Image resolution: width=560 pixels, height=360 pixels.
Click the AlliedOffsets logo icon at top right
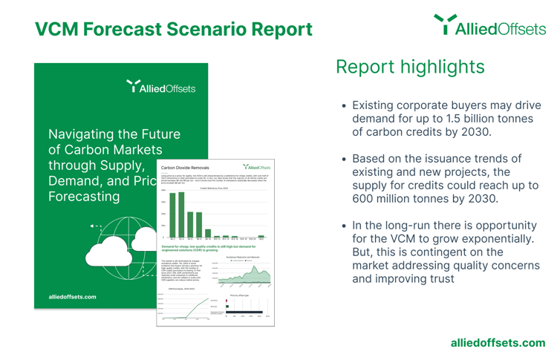tap(445, 25)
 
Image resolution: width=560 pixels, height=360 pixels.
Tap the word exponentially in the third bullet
tap(478, 238)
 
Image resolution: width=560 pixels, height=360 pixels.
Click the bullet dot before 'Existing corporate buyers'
tap(344, 106)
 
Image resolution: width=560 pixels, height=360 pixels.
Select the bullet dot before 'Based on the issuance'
tap(344, 160)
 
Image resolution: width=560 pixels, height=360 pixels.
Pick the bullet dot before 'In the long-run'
tap(344, 226)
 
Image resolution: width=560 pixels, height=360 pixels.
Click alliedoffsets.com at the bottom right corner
tap(498, 342)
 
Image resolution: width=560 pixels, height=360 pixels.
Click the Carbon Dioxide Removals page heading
tap(186, 168)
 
